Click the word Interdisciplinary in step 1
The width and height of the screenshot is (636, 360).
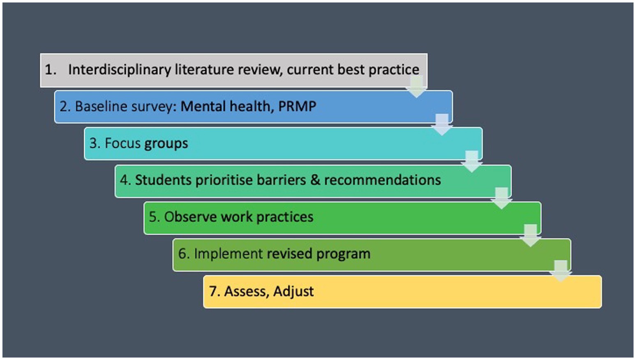(119, 70)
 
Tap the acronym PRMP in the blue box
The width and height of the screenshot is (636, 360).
(297, 106)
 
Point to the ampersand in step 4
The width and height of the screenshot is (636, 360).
(315, 180)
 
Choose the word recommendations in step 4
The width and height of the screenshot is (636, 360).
(382, 180)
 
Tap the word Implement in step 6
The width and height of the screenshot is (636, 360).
(228, 254)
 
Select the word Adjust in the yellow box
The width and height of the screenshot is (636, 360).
(293, 292)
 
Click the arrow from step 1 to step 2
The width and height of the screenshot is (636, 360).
(416, 87)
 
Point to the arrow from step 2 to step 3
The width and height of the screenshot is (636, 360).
(442, 124)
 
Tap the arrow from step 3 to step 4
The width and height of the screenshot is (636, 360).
(472, 161)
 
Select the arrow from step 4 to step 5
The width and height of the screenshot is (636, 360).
(501, 198)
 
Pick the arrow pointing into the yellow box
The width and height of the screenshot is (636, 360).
(561, 271)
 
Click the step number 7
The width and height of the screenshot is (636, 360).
(215, 291)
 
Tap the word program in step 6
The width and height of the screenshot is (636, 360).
(343, 254)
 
